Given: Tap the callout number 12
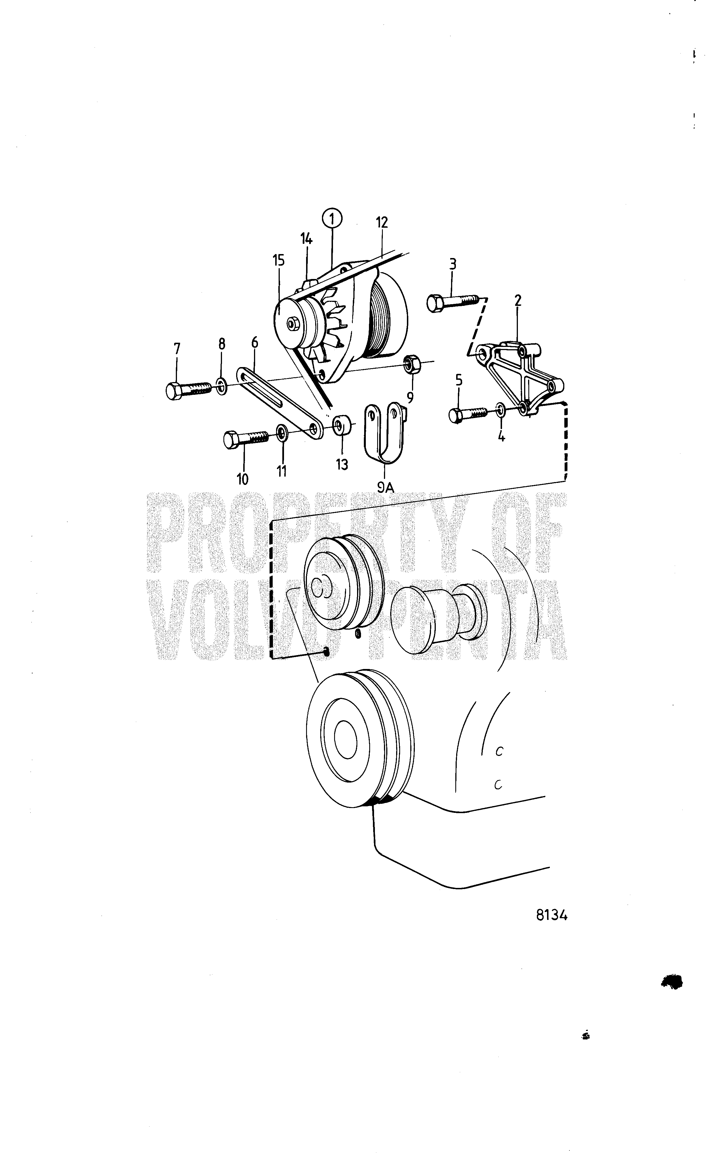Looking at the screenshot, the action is coord(382,222).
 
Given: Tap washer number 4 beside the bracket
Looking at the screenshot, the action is coord(501,409).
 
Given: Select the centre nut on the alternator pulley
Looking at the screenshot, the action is coord(292,323).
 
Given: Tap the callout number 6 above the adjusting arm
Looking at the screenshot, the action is coord(254,342).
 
